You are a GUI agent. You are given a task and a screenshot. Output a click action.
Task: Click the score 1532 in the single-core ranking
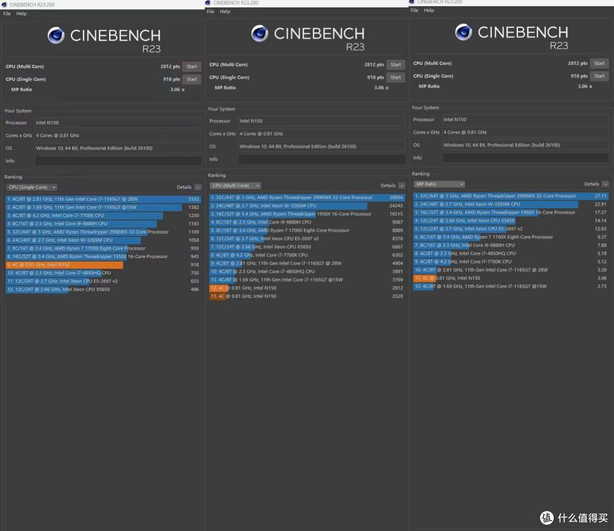click(x=194, y=199)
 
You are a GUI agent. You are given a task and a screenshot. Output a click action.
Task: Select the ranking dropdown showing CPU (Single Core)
click(x=32, y=187)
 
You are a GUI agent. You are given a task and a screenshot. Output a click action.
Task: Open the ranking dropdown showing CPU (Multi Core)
click(x=235, y=185)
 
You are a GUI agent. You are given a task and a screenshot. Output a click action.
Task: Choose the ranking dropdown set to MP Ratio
click(x=439, y=184)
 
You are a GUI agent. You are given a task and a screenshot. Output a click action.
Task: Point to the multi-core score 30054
click(x=396, y=197)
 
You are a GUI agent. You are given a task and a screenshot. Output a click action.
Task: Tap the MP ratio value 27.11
click(x=600, y=196)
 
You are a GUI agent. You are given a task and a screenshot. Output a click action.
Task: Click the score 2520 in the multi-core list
click(x=397, y=296)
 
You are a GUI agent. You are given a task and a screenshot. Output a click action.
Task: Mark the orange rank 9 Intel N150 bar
click(x=64, y=265)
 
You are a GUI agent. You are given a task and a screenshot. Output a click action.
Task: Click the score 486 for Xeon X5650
click(x=194, y=289)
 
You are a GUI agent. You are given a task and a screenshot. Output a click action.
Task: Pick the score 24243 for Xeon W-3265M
click(x=396, y=206)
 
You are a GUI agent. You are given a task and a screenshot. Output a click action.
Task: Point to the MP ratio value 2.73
click(x=601, y=287)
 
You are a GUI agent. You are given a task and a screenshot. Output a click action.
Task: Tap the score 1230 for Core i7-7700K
click(x=194, y=215)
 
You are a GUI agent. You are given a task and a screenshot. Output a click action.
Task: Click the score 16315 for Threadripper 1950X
click(x=396, y=214)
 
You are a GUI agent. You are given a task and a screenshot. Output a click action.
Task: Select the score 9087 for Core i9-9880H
click(x=397, y=222)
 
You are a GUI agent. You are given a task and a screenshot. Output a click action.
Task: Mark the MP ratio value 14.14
click(x=600, y=221)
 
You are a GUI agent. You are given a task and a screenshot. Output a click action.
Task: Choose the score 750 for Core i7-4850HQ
click(x=194, y=273)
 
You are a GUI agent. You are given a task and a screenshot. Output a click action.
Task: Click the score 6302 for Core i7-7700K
click(x=397, y=255)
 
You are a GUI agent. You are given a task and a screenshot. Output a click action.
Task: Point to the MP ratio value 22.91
click(x=600, y=204)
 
